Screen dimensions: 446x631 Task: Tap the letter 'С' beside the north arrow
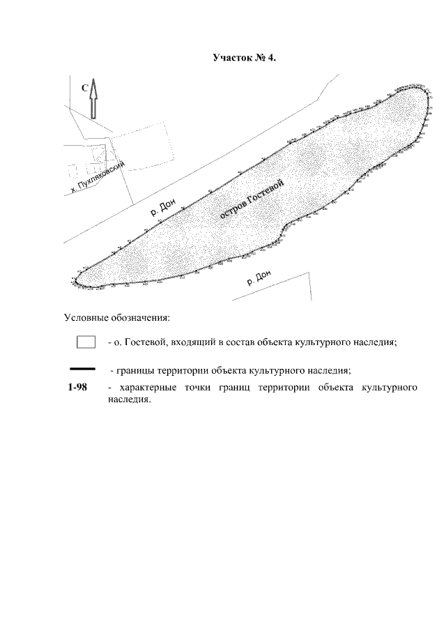[84, 89]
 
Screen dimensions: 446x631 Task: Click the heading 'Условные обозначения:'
[117, 318]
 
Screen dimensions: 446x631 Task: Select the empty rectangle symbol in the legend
[86, 342]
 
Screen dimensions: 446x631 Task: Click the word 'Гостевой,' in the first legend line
[141, 342]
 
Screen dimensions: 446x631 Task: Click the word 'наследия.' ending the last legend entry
[130, 400]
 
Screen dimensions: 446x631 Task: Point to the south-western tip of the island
[75, 282]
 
